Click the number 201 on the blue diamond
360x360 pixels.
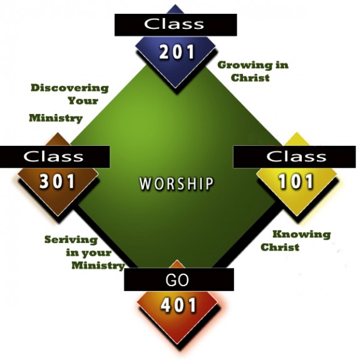point(177,52)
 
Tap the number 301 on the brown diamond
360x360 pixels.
point(57,182)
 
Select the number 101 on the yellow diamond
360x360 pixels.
point(296,182)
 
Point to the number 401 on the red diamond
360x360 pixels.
point(178,306)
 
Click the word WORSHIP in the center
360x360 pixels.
point(177,183)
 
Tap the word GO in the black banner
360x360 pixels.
point(177,280)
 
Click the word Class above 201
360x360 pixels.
point(174,24)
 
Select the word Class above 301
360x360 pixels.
point(53,157)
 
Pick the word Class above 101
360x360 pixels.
point(296,157)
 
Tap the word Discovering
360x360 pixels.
point(69,88)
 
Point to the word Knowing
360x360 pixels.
point(302,235)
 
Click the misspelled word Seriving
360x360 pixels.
point(71,240)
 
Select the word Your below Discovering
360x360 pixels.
point(83,101)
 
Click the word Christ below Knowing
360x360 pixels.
point(280,247)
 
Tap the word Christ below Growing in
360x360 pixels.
point(250,78)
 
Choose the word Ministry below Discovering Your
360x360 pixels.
point(56,118)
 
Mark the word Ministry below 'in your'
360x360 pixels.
point(98,265)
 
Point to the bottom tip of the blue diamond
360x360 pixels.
point(176,88)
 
